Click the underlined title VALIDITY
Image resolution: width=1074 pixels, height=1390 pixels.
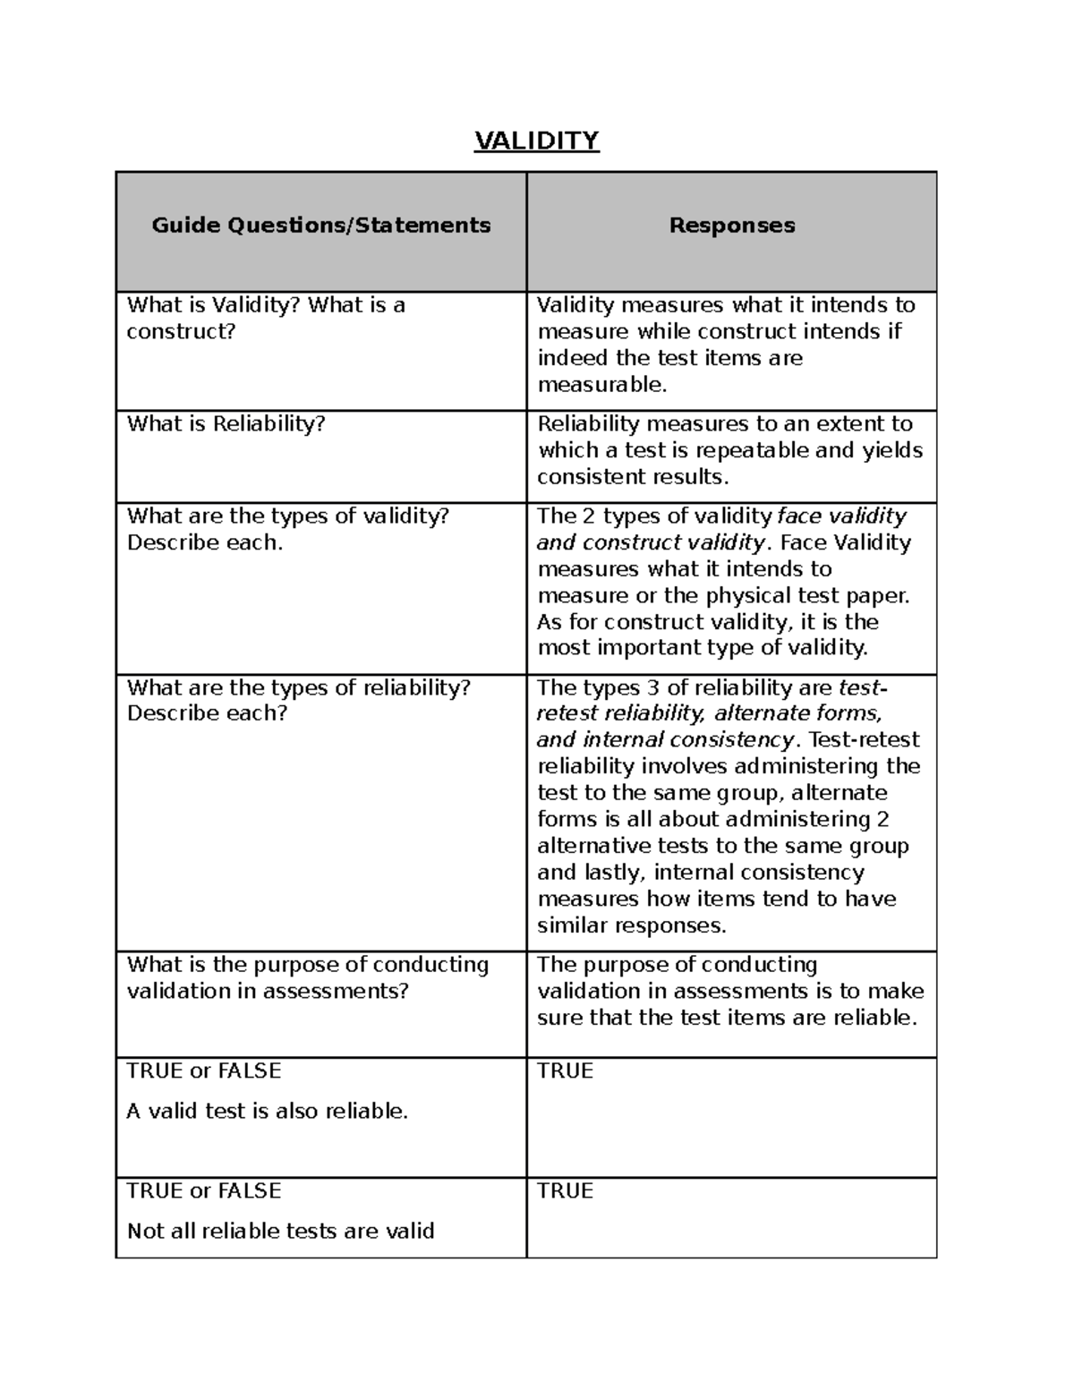[536, 141]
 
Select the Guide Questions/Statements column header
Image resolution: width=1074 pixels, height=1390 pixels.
[320, 225]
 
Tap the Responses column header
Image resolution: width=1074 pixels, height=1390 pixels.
[731, 225]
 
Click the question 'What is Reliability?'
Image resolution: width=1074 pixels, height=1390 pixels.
[226, 423]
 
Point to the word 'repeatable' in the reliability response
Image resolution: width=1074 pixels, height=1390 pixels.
[753, 450]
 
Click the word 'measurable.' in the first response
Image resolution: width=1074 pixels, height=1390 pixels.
[601, 385]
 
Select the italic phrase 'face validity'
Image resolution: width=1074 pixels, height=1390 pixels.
[841, 516]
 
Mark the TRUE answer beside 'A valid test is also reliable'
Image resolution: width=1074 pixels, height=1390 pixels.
[565, 1070]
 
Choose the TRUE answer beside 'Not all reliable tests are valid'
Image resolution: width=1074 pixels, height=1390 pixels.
[565, 1190]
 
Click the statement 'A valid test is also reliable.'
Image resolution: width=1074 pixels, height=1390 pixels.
[267, 1111]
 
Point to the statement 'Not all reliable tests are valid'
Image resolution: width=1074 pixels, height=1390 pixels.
[280, 1231]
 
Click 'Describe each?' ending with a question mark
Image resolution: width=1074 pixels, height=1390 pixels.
[207, 713]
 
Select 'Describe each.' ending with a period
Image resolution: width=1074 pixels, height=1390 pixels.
[204, 542]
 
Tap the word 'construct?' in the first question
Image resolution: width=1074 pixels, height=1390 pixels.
[180, 331]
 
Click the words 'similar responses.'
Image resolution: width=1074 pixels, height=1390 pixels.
[631, 925]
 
